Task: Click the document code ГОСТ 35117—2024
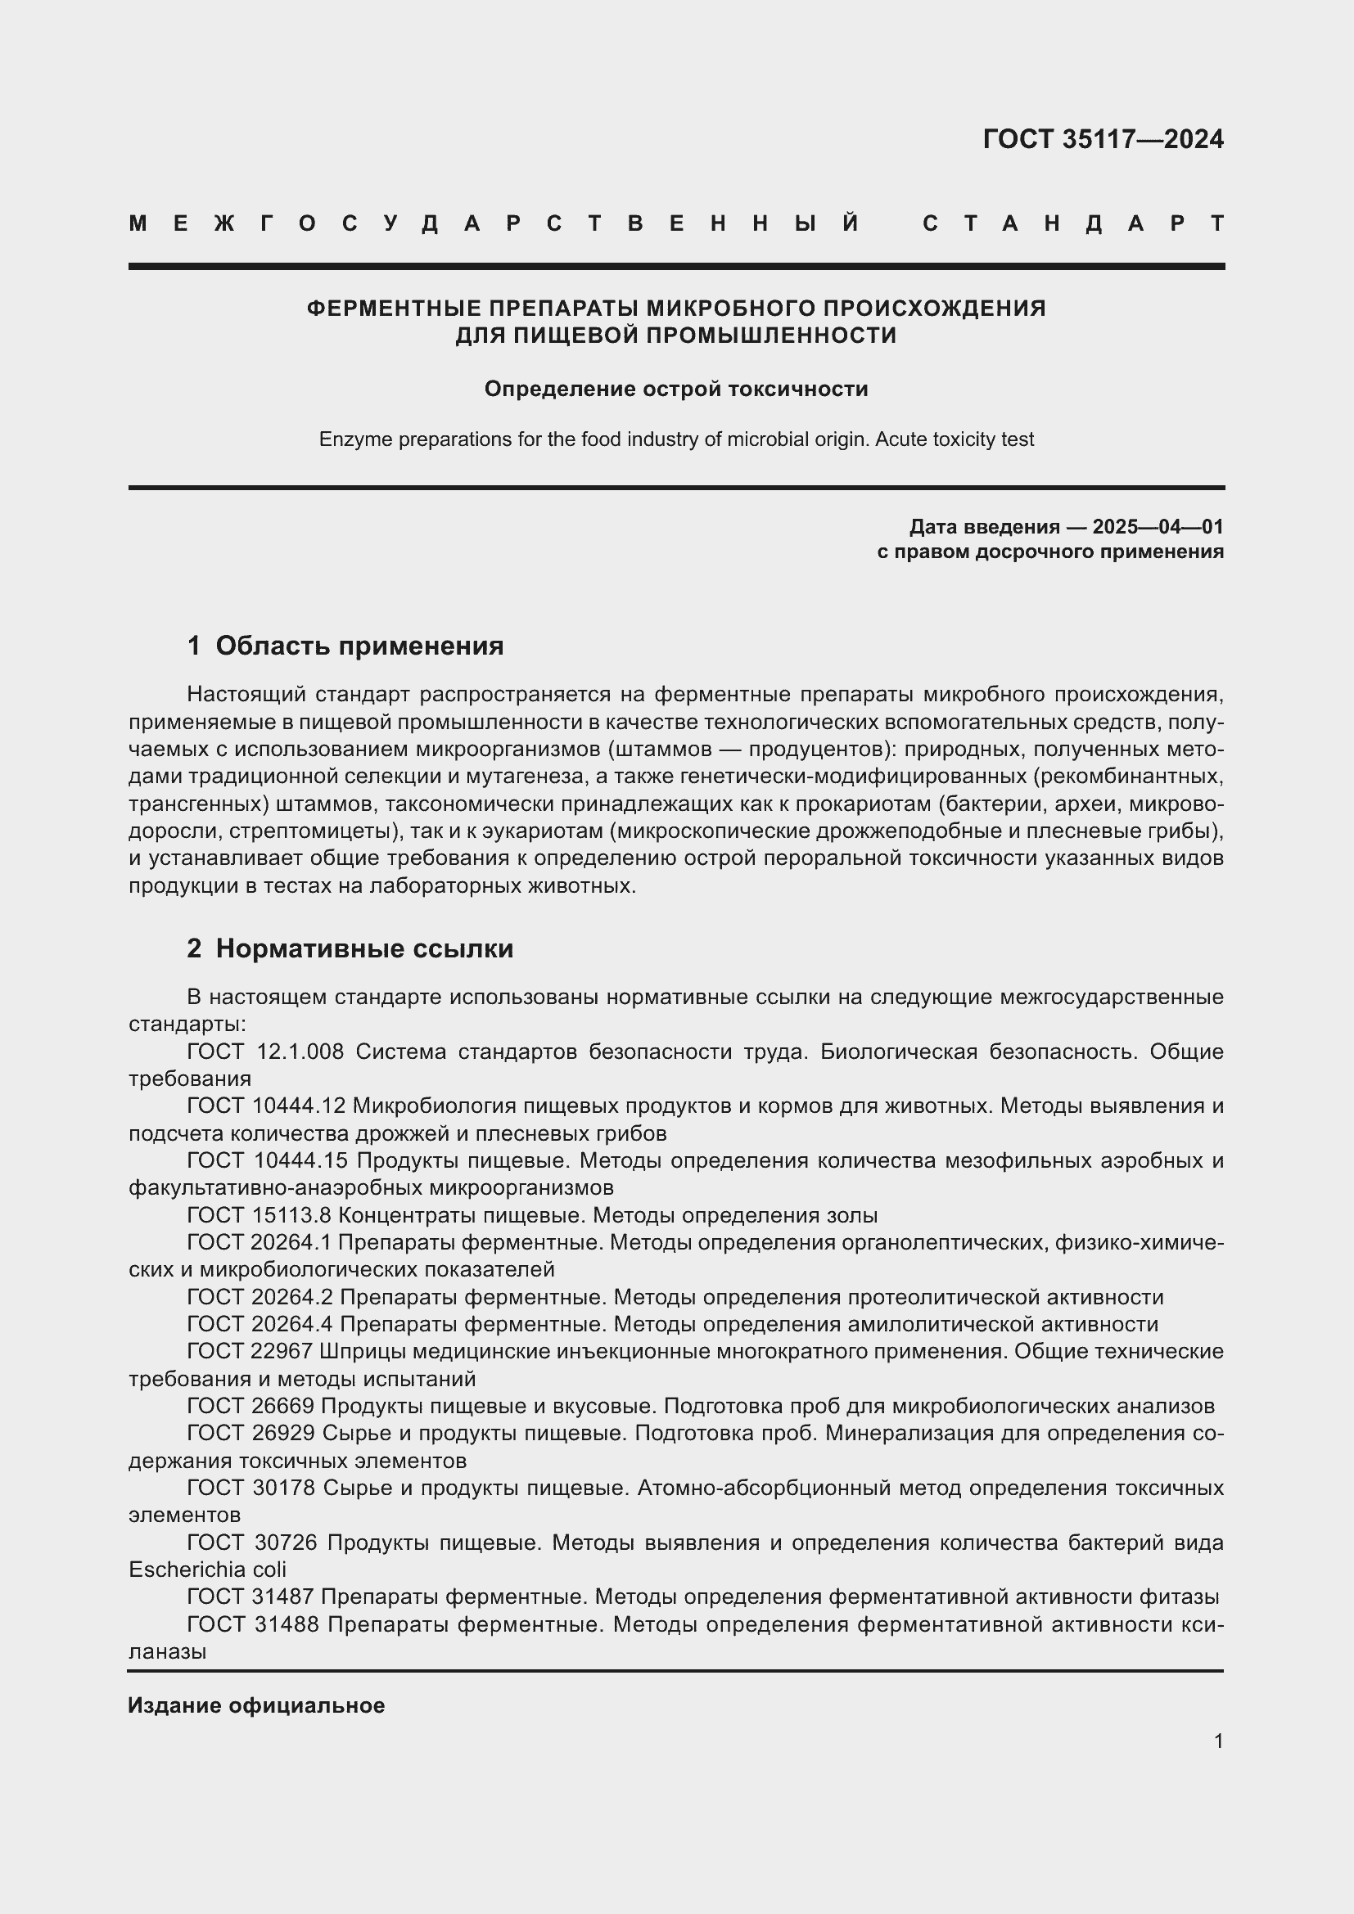tap(1102, 139)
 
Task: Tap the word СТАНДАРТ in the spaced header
tap(1073, 223)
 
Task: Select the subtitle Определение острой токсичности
tap(676, 390)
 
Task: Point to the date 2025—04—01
tap(1158, 527)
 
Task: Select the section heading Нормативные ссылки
tap(364, 948)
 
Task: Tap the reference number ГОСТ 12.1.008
tap(265, 1052)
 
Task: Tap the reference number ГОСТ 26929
tap(250, 1433)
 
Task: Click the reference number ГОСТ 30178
tap(250, 1488)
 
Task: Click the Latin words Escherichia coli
tap(207, 1569)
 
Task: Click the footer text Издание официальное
tap(256, 1705)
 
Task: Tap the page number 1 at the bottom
tap(1218, 1741)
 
